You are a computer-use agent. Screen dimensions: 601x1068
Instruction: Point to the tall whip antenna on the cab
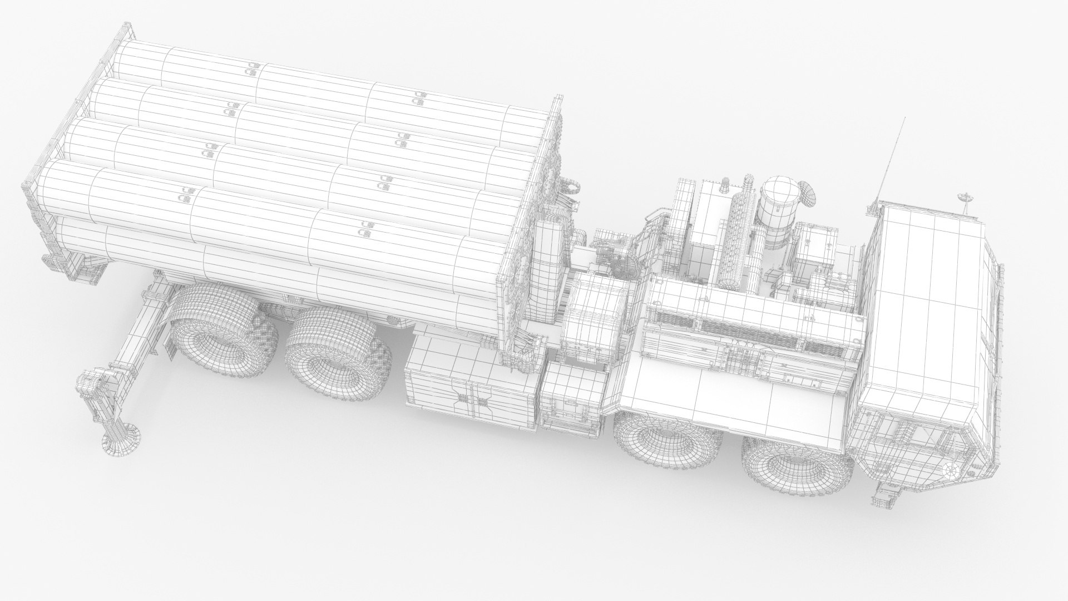pos(889,161)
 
